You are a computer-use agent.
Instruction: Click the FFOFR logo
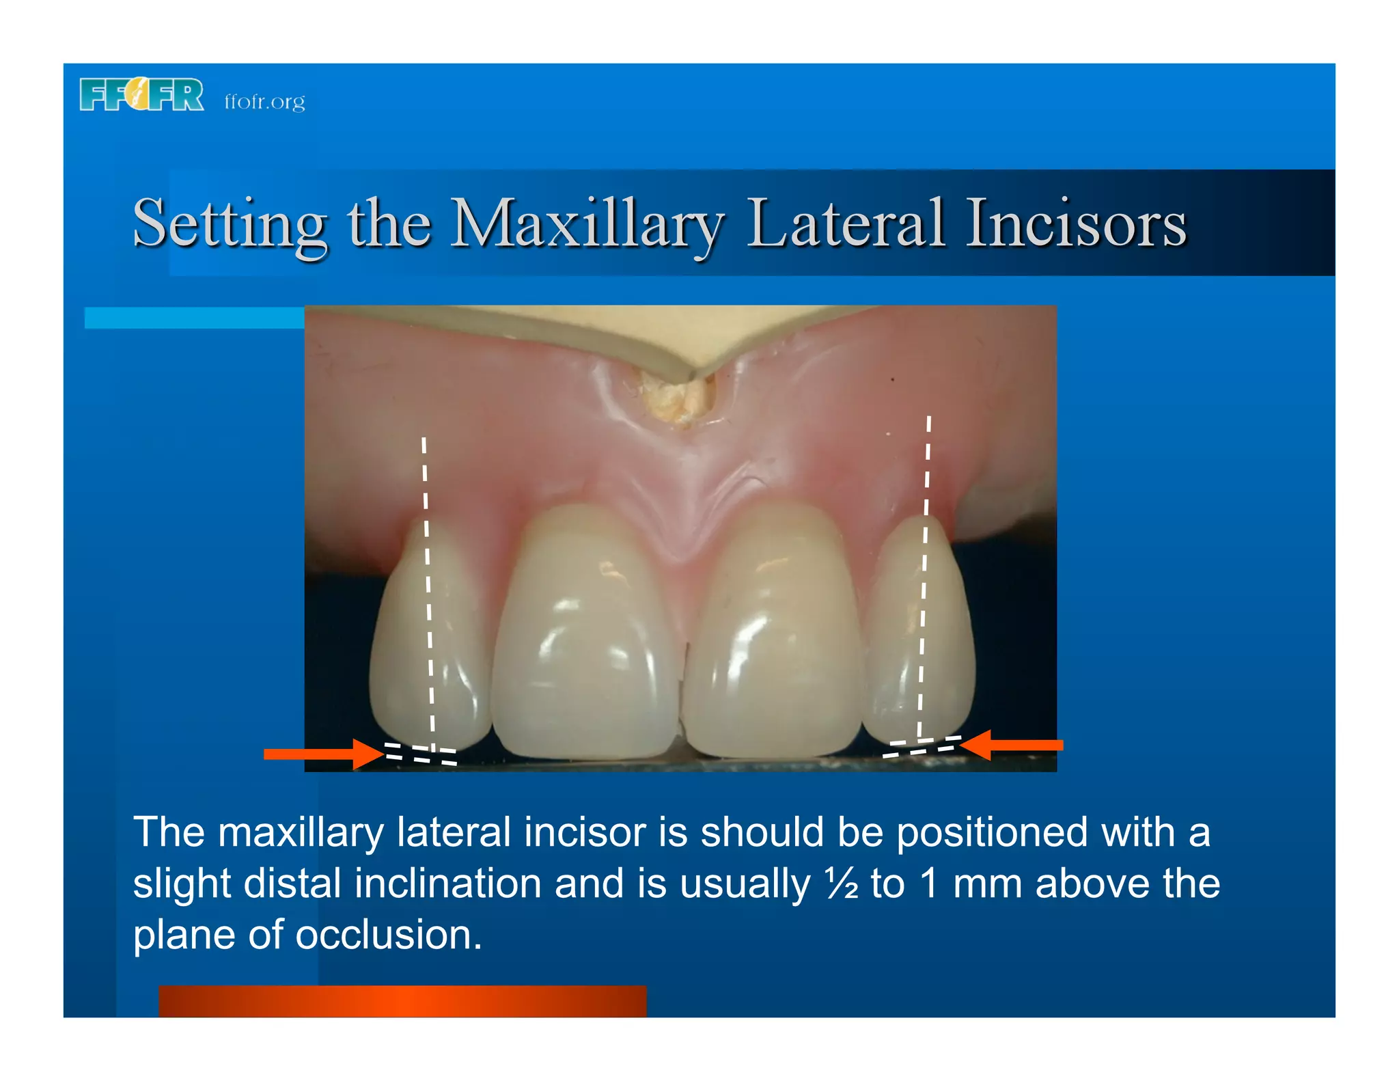coord(141,94)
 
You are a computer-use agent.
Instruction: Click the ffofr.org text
coord(264,101)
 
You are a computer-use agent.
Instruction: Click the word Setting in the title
coord(230,225)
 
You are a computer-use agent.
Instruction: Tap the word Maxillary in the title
coord(586,225)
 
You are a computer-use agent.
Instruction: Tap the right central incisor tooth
coord(772,635)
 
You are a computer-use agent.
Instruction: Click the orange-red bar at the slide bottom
coord(402,1001)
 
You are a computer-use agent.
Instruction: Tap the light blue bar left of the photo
coord(194,318)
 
